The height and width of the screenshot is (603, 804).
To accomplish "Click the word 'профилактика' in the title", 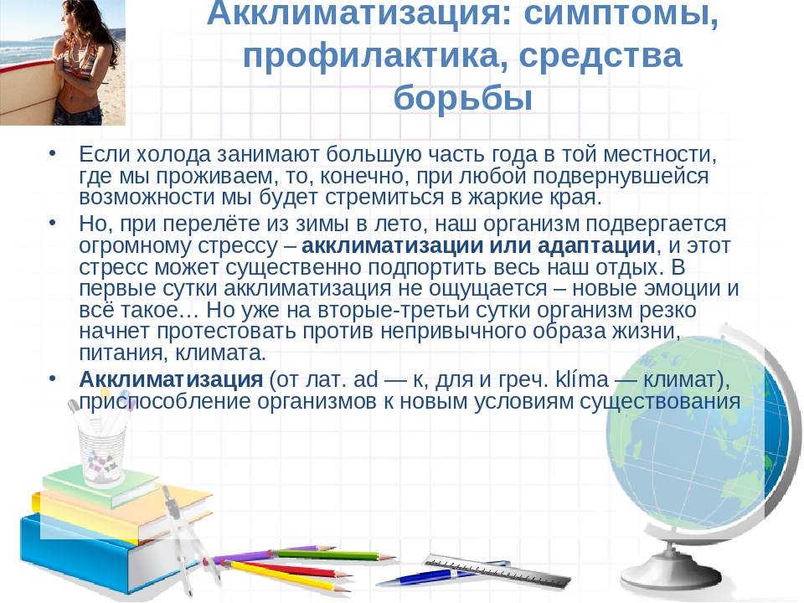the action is [374, 56].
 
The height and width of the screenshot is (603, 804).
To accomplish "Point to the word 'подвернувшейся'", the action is [621, 176].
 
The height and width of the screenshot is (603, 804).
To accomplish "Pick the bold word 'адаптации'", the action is [595, 246].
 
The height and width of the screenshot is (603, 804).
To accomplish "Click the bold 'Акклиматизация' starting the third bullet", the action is [171, 379].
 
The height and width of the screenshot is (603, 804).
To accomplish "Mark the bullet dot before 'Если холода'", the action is [52, 152].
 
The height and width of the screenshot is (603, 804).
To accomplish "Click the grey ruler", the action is [497, 570].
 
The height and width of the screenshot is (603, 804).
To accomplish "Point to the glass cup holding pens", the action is [102, 456].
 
